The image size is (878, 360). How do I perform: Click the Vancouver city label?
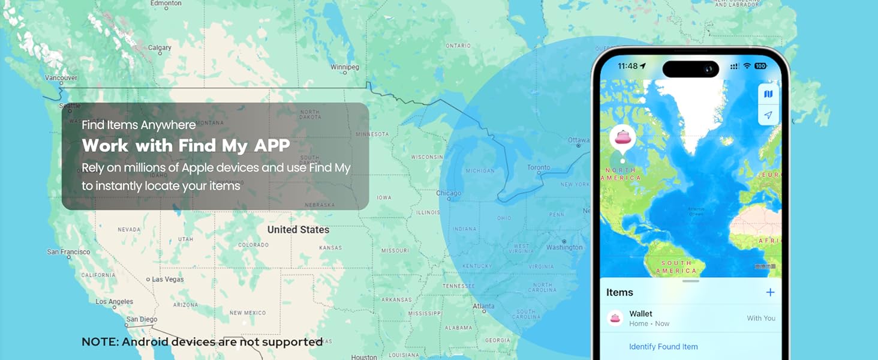pos(61,78)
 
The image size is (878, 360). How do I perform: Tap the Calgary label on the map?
pos(160,48)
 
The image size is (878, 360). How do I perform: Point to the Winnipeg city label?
pos(344,67)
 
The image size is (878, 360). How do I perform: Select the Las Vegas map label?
pos(168,280)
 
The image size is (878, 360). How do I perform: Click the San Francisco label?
pos(68,252)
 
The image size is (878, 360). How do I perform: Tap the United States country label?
pos(298,230)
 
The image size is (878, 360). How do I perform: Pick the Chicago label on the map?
pos(449,193)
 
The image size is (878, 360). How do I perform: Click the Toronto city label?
pos(539,167)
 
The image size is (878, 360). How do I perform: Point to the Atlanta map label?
pos(483,307)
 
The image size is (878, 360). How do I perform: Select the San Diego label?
pos(142,319)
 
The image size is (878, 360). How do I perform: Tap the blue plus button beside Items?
pos(770,292)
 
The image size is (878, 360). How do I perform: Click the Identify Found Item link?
pos(663,347)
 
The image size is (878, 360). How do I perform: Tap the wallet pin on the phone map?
pos(623,137)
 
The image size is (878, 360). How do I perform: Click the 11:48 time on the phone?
pos(628,66)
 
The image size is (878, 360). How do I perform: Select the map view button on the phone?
pos(768,94)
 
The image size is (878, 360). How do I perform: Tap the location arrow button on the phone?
pos(768,115)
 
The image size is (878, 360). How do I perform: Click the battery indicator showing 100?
pos(760,66)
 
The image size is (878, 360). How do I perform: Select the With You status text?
pos(761,319)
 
